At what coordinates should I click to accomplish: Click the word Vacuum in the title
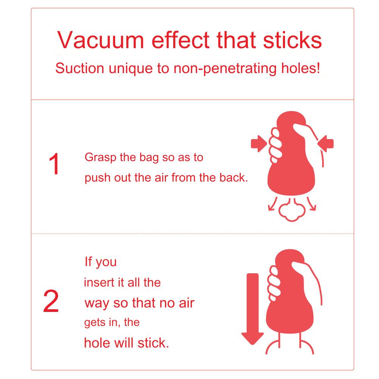click(101, 40)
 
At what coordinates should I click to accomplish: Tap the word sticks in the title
click(293, 40)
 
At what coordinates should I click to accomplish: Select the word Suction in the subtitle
click(80, 68)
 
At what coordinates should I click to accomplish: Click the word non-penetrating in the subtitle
click(225, 69)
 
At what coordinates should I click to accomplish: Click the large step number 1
click(54, 164)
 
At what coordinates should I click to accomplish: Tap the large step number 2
click(51, 301)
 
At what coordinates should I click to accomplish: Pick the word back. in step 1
click(234, 178)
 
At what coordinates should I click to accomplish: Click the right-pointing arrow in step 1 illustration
click(259, 144)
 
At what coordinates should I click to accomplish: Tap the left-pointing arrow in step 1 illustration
click(326, 144)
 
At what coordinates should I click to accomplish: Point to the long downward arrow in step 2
click(252, 309)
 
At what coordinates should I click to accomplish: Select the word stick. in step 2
click(153, 343)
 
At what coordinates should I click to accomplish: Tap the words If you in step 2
click(100, 262)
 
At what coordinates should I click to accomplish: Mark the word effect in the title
click(180, 40)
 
